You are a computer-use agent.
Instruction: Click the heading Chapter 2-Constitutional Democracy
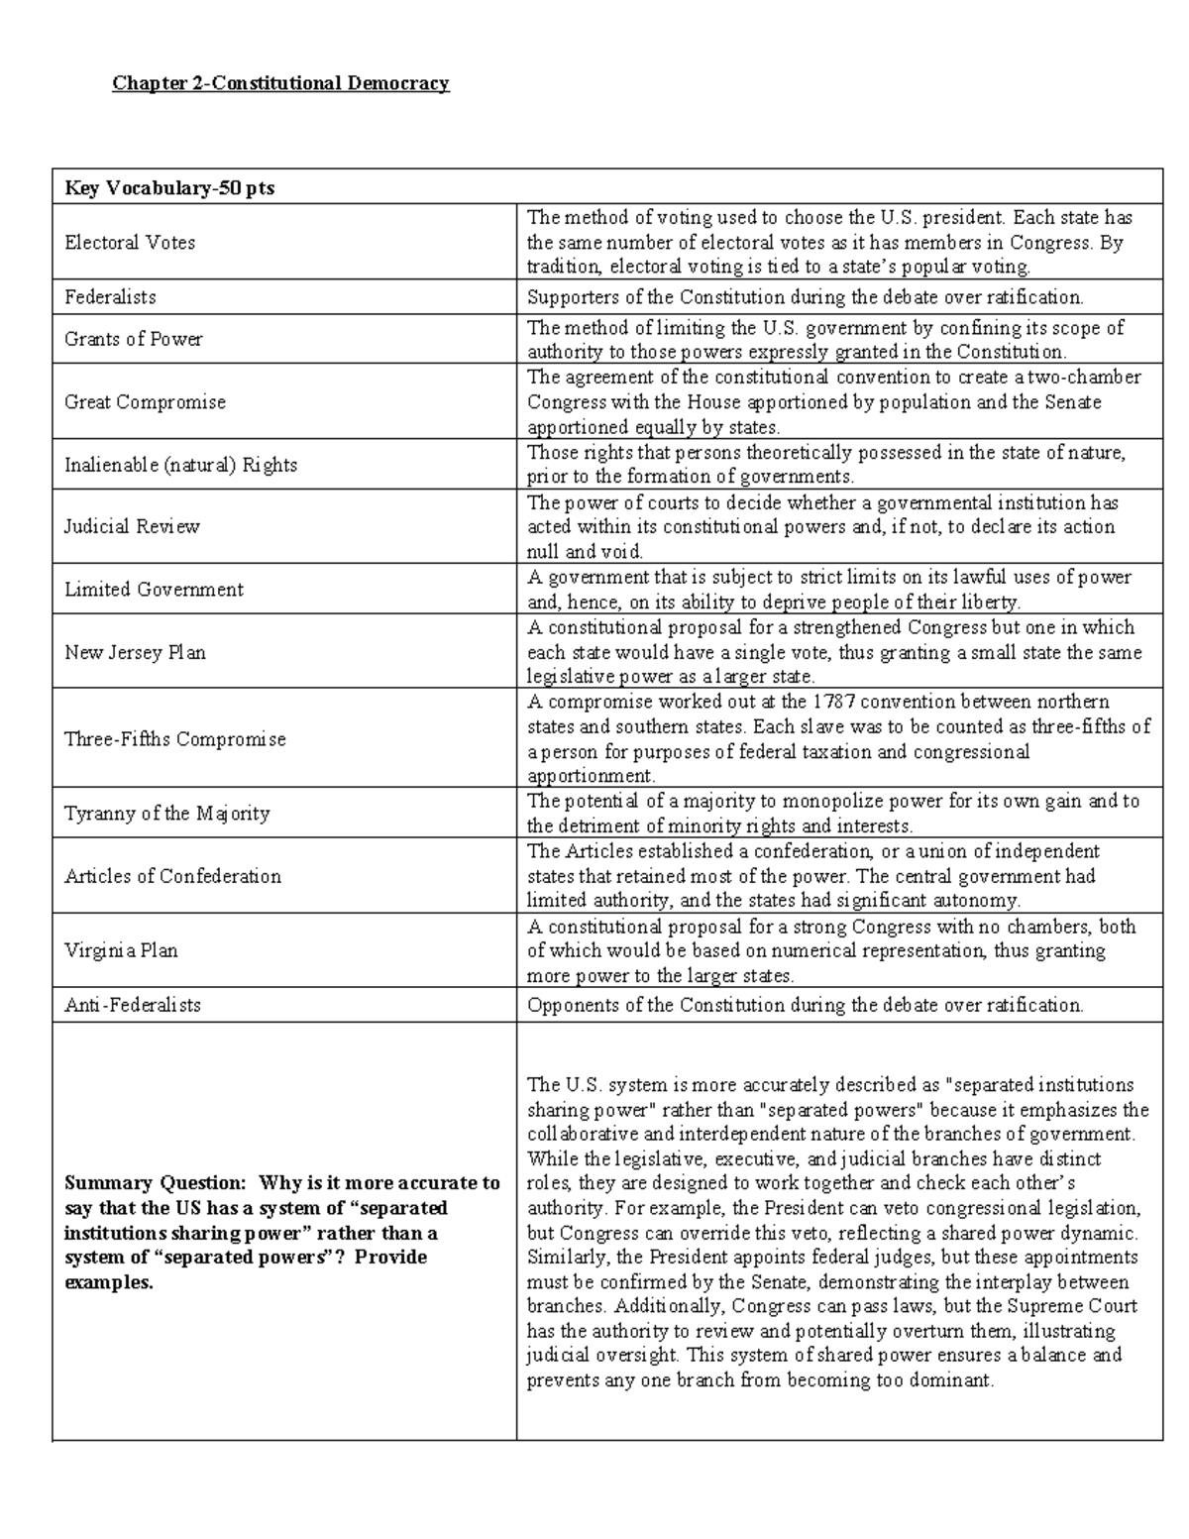point(280,83)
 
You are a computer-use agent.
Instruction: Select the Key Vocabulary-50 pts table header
point(169,188)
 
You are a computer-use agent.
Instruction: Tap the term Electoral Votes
point(130,243)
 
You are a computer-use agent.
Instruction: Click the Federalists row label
point(110,297)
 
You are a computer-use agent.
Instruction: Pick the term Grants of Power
point(133,339)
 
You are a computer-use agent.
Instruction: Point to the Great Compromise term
point(145,402)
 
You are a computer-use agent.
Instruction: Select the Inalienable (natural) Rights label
point(180,465)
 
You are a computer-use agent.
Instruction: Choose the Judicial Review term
point(132,527)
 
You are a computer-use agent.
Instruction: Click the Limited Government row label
point(154,590)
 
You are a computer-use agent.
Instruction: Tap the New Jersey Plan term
point(135,653)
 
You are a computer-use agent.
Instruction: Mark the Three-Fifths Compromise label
point(174,739)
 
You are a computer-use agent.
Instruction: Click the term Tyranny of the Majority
point(166,814)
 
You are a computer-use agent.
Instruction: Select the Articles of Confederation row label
point(172,876)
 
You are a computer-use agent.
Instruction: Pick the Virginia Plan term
point(121,950)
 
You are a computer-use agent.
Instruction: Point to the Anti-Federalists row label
point(132,1005)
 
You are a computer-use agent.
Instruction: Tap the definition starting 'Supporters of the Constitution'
point(805,297)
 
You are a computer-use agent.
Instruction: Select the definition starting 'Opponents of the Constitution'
point(805,1005)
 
